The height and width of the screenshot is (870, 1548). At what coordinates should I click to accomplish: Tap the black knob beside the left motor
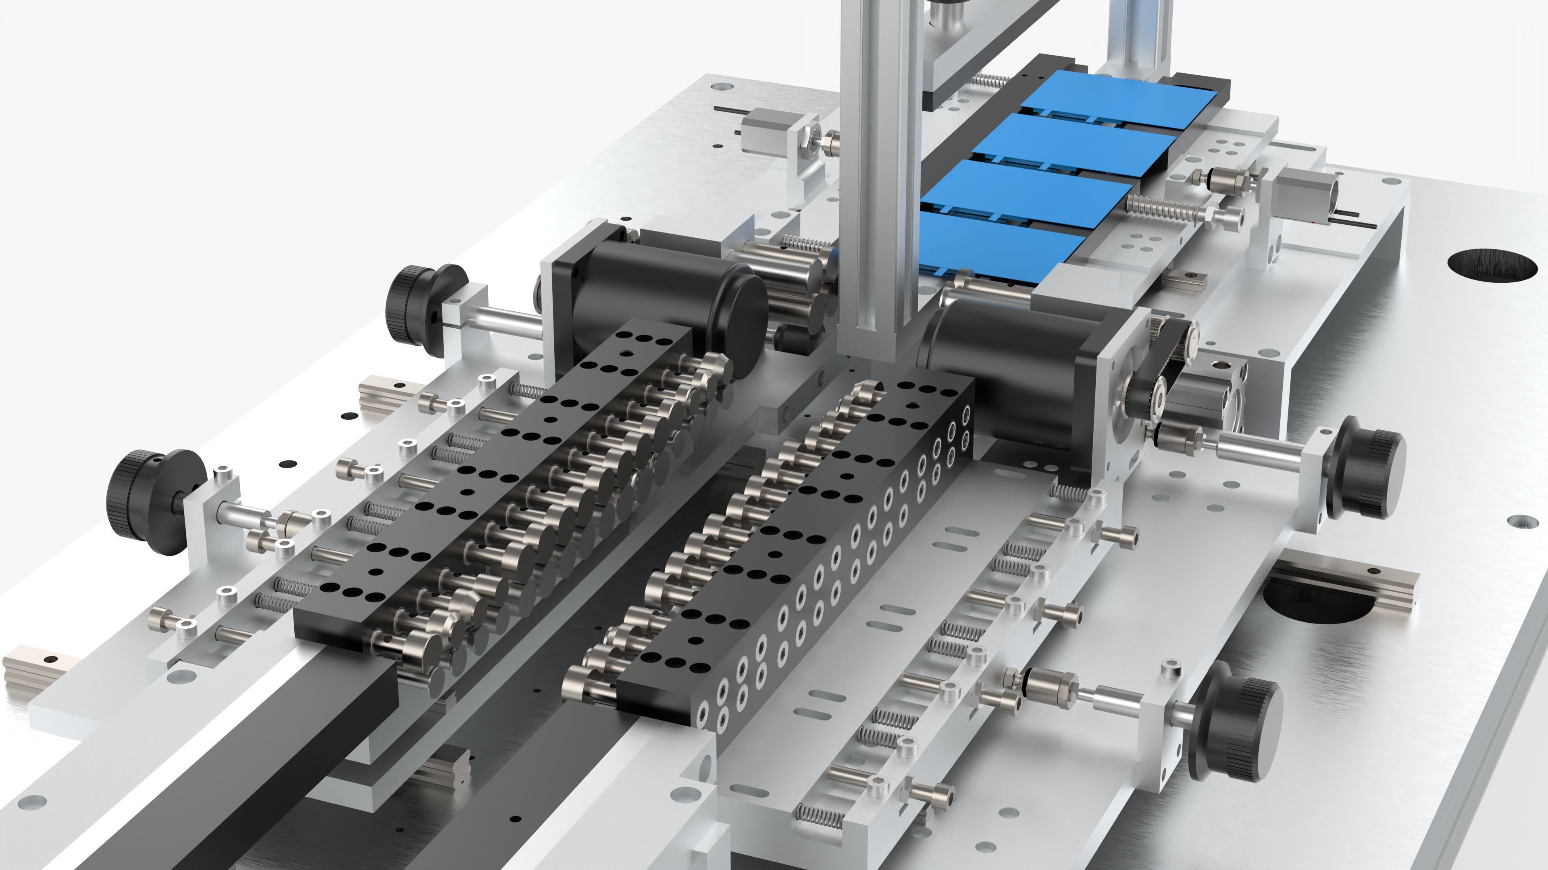[418, 303]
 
